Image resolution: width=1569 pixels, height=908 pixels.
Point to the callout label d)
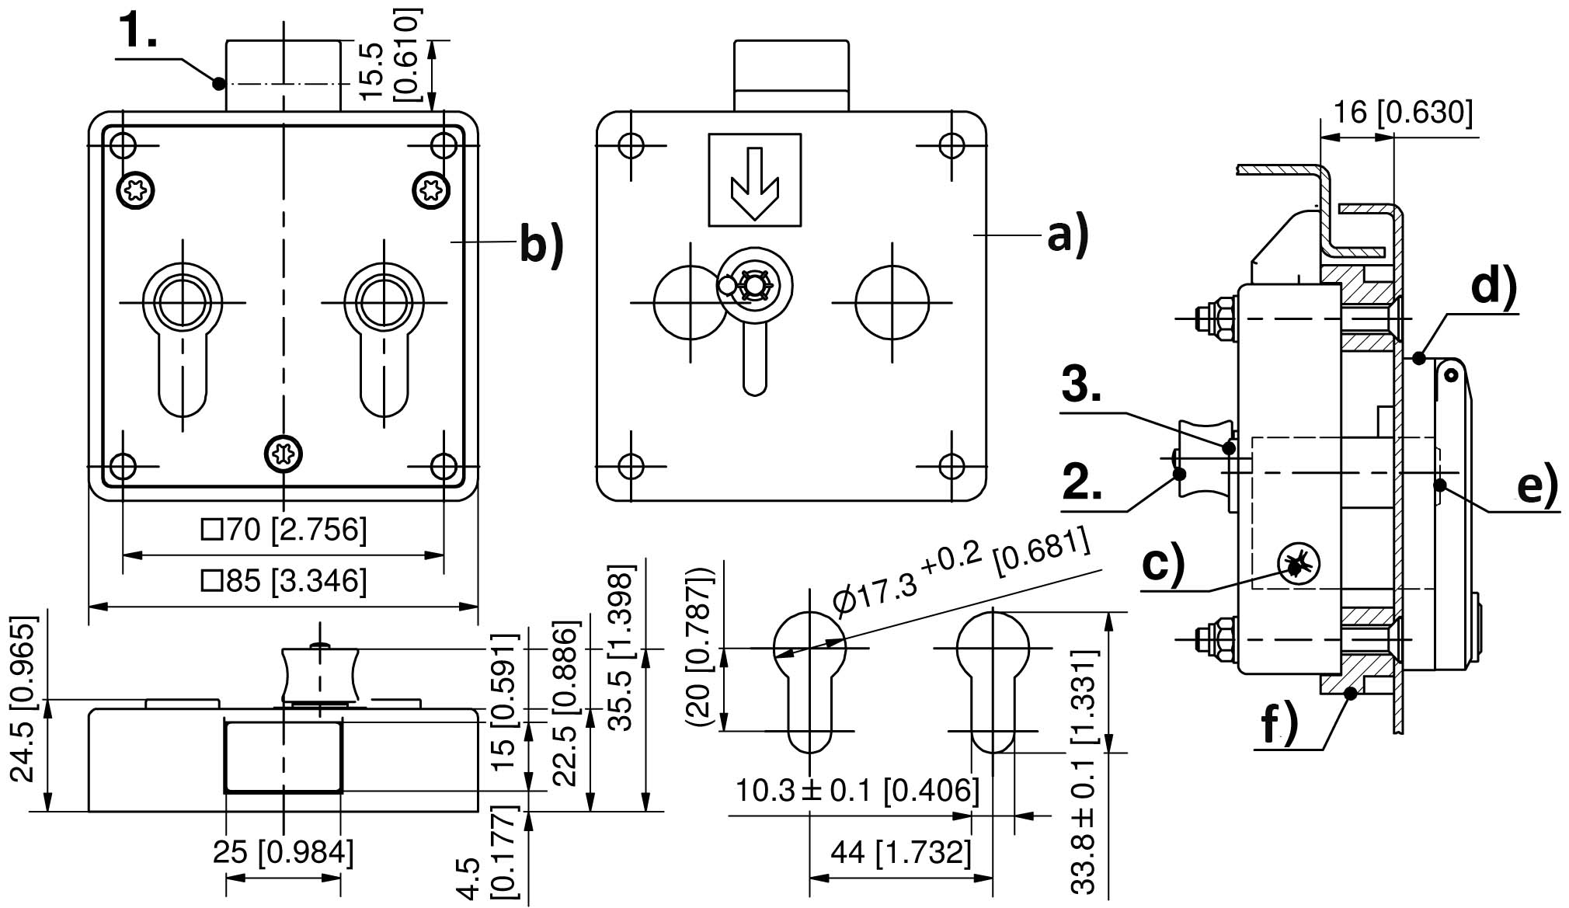(1493, 287)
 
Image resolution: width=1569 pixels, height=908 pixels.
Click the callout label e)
(1537, 485)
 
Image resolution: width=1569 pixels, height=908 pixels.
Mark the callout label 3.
(1081, 384)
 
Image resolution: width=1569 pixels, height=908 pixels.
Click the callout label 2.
(1081, 484)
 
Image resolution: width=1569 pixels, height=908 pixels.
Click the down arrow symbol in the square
(754, 181)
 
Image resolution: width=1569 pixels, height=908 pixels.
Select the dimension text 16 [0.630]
(1402, 113)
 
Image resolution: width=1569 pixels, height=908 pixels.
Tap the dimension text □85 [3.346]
(284, 581)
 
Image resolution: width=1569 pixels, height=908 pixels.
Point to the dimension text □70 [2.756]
(284, 531)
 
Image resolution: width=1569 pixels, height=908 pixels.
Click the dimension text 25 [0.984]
(284, 852)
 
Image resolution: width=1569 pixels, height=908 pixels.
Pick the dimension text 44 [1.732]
(901, 852)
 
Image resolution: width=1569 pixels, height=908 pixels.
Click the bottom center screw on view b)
(284, 453)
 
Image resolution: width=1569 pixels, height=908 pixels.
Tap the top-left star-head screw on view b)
(136, 190)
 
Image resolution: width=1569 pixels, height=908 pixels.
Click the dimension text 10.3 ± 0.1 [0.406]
(857, 791)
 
